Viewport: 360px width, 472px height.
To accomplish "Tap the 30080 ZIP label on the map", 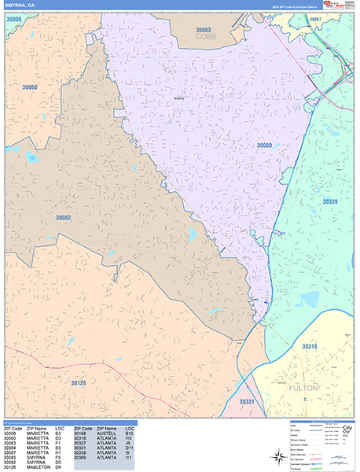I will point(264,146).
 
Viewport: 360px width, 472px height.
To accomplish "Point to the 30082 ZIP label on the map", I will point(63,217).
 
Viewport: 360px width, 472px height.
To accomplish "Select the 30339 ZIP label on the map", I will point(330,201).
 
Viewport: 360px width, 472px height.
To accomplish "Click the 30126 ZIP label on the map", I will point(78,382).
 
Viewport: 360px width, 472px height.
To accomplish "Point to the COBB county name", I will point(207,36).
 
